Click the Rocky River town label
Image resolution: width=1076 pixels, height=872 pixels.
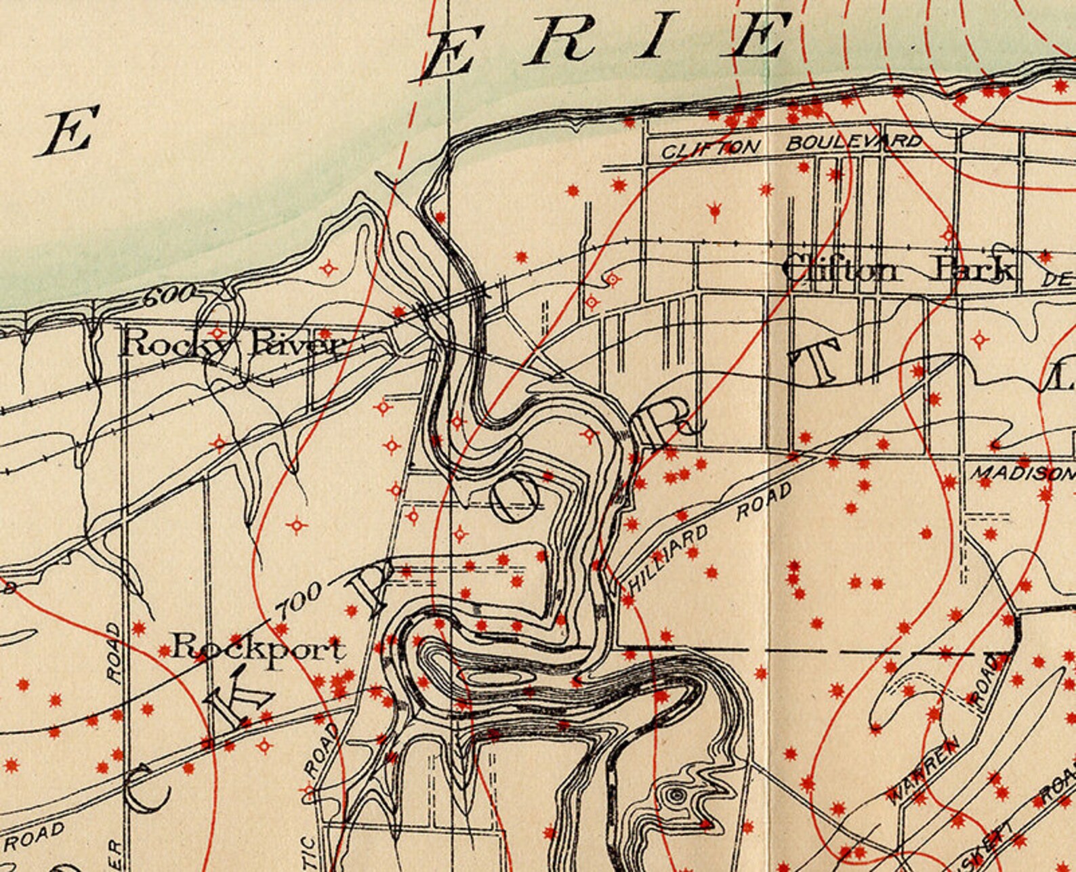coord(230,344)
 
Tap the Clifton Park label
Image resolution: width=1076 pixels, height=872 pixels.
coord(898,270)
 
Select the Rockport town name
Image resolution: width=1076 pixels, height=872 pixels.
coord(257,649)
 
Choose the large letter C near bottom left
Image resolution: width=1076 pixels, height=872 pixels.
coord(146,788)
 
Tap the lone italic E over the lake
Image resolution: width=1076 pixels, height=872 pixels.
coord(68,132)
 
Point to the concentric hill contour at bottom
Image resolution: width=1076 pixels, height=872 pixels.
coord(675,796)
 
